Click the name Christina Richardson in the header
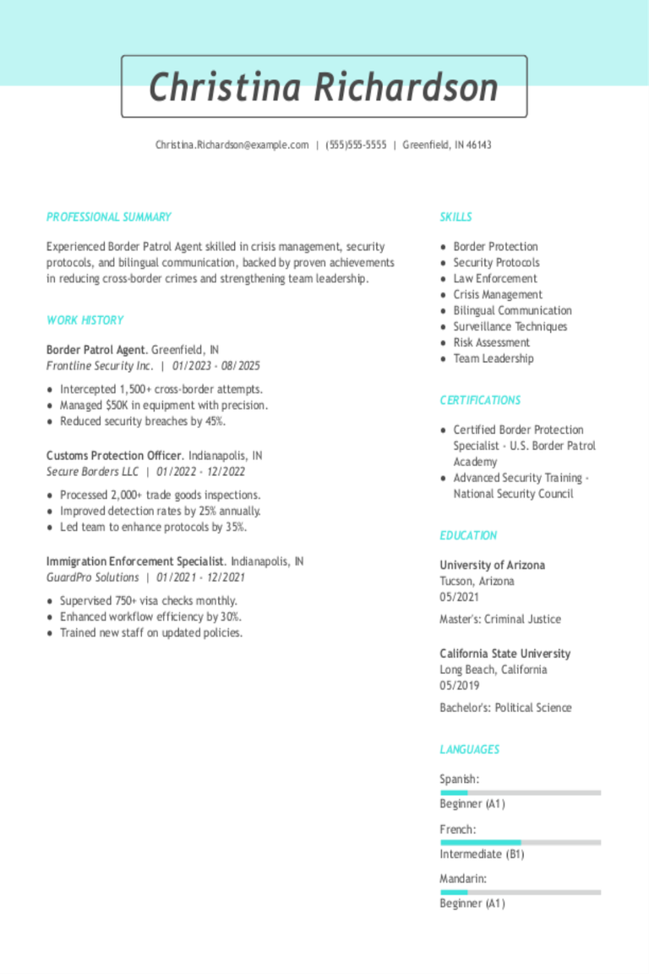(x=324, y=87)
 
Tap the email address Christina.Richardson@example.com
(x=232, y=145)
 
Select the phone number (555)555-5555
(x=356, y=145)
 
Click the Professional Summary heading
(x=109, y=217)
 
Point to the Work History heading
(x=85, y=320)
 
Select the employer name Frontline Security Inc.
(x=100, y=366)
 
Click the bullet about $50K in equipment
(x=164, y=406)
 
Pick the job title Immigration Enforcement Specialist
(x=135, y=561)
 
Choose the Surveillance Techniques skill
(x=510, y=326)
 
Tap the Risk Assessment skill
(x=492, y=342)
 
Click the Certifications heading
(x=480, y=401)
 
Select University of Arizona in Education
(x=492, y=566)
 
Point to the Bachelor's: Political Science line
(x=505, y=708)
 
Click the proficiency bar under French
(x=521, y=843)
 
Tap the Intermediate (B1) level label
(x=482, y=855)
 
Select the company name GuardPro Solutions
(x=93, y=577)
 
